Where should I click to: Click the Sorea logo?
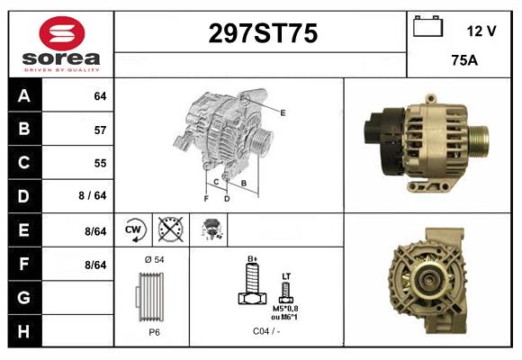61,43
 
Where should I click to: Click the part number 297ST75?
263,34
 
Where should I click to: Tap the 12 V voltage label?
481,31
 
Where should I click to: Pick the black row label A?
22,95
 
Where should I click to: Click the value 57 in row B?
99,130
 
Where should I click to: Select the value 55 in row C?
99,163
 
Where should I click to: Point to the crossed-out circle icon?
169,229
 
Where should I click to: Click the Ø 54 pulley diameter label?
153,259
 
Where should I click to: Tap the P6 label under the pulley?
154,331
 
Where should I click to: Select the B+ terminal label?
253,259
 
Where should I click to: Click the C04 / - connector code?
265,331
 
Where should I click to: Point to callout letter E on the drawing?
283,112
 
